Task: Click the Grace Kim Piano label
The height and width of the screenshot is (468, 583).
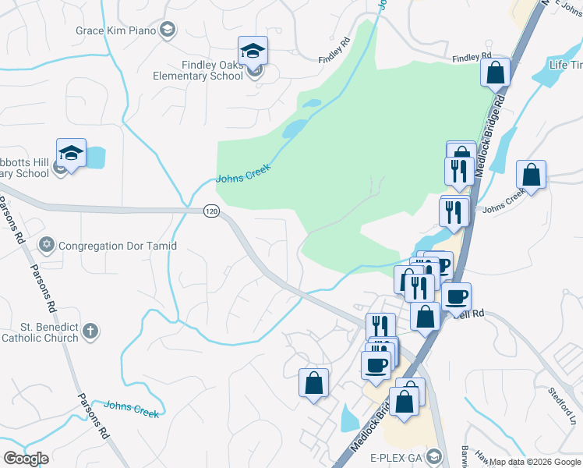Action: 115,30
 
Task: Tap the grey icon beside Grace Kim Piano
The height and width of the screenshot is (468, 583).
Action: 167,30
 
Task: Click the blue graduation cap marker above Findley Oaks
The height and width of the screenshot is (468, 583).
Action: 253,51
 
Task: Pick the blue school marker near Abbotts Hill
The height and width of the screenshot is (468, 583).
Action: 71,154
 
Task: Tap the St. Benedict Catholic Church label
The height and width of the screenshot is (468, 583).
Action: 40,332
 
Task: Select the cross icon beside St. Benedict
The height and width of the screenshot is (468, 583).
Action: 90,332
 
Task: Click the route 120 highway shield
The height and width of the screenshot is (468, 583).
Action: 211,211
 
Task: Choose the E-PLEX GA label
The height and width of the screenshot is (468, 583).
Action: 396,457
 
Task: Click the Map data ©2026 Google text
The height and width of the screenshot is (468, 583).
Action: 534,462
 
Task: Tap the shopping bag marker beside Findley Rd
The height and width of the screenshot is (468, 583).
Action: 496,74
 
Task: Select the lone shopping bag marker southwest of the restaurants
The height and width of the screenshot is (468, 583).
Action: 314,383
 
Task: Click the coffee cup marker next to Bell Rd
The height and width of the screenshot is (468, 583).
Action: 457,297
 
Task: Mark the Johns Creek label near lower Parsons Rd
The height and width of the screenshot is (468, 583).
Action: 131,408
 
